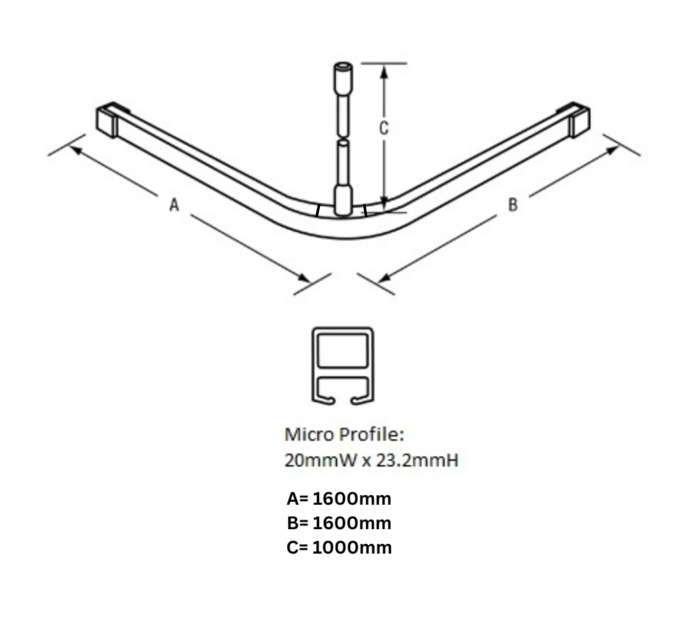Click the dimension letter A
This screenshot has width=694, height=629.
(x=174, y=205)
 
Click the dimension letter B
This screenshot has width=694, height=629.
(x=512, y=205)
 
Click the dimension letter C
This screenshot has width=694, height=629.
(x=384, y=128)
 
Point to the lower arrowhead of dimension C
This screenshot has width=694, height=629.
(x=385, y=203)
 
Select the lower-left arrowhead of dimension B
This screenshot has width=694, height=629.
(x=384, y=278)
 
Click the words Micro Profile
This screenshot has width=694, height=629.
(x=344, y=435)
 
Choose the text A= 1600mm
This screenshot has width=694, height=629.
(x=339, y=499)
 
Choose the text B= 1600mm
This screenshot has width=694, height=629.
(x=339, y=523)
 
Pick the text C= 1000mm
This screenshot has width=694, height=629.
(x=339, y=548)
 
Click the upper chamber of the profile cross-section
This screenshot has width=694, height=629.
(x=342, y=350)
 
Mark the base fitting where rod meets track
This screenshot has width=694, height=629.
(x=343, y=200)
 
